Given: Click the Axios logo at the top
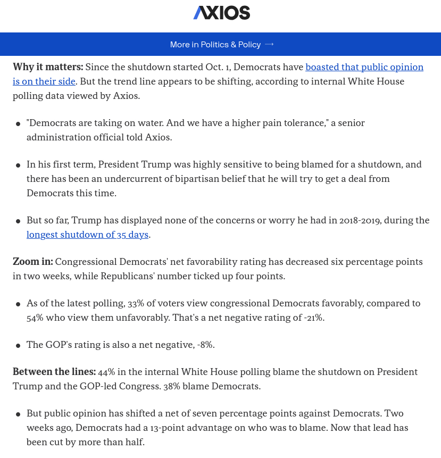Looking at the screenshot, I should pos(221,13).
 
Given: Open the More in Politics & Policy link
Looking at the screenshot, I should pos(215,45).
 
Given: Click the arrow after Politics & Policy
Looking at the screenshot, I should pos(269,45).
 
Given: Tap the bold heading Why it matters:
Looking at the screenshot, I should pos(48,67).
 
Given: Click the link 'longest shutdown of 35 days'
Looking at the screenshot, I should pos(88,235).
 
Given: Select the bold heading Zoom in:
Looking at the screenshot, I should pos(33,262).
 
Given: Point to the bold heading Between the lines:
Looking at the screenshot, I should pos(54,372).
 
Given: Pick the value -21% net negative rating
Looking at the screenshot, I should pos(312,318).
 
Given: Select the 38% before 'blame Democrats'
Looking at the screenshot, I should pos(171,386).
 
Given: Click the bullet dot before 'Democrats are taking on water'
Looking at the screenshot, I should pos(19,124).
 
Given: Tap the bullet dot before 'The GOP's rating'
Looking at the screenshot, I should pos(19,346).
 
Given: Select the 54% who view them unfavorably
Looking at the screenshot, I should pos(36,318).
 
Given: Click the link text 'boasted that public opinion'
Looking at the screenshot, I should pos(364,67).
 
